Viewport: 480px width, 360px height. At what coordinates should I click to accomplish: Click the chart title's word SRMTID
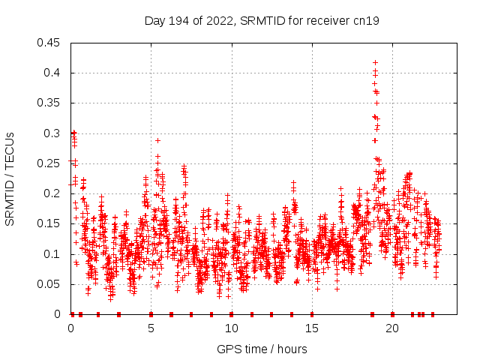pos(258,21)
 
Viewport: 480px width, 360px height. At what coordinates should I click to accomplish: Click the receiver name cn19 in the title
pos(366,21)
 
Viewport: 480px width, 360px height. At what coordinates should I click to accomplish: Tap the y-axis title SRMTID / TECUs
pos(10,178)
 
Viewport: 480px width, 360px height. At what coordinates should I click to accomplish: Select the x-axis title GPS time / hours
pos(262,349)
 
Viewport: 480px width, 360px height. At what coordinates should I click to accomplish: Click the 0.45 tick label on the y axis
pos(49,43)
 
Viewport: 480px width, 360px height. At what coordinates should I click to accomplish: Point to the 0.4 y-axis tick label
pos(52,73)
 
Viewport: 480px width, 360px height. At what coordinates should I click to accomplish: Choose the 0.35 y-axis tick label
pos(49,103)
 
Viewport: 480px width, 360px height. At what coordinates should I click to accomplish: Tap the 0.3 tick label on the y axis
pos(52,133)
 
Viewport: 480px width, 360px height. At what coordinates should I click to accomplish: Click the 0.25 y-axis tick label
pos(49,163)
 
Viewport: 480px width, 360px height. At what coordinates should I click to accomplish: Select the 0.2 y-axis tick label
pos(52,193)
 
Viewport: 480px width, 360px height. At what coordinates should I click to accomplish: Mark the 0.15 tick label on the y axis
pos(49,223)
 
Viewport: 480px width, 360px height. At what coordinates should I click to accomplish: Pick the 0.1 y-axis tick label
pos(52,254)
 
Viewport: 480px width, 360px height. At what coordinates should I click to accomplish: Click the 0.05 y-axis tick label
pos(49,284)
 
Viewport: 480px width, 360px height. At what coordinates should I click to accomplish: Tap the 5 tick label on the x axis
pos(151,328)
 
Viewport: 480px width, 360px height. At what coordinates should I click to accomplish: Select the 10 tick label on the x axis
pos(231,328)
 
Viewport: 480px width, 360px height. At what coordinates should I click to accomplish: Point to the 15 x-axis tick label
pos(311,328)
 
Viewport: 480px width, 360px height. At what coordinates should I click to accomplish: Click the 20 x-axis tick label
pos(391,328)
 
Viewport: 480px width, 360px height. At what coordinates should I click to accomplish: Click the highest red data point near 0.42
pos(375,63)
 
